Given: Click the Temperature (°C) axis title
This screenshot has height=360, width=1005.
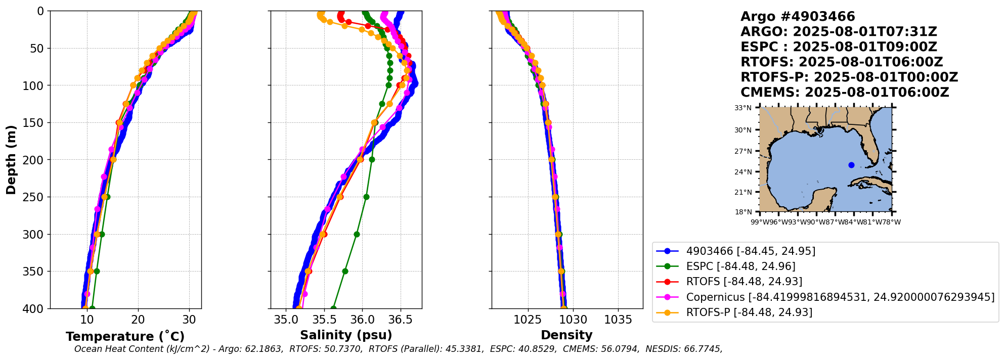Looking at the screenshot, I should [x=125, y=337].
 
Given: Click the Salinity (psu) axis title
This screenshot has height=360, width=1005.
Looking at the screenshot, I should [x=346, y=335].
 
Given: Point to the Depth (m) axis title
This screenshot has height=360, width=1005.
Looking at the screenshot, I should [x=11, y=159].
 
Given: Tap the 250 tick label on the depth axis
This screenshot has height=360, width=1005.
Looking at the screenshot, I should [x=34, y=197].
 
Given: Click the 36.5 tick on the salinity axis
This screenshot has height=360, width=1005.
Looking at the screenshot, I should [x=401, y=320].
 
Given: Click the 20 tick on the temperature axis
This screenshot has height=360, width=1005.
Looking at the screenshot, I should [x=138, y=320].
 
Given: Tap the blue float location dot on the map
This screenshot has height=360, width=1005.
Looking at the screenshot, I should [x=851, y=165].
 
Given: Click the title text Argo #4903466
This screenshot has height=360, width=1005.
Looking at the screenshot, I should [x=798, y=17].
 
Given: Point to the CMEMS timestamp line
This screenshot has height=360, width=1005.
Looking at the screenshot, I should [x=844, y=93].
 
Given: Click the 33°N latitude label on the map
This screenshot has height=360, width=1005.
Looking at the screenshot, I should [x=743, y=108].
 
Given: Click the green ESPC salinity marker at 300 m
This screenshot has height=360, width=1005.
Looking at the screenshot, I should [x=357, y=234].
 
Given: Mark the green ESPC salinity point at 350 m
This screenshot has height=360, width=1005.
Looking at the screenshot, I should [x=345, y=271].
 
